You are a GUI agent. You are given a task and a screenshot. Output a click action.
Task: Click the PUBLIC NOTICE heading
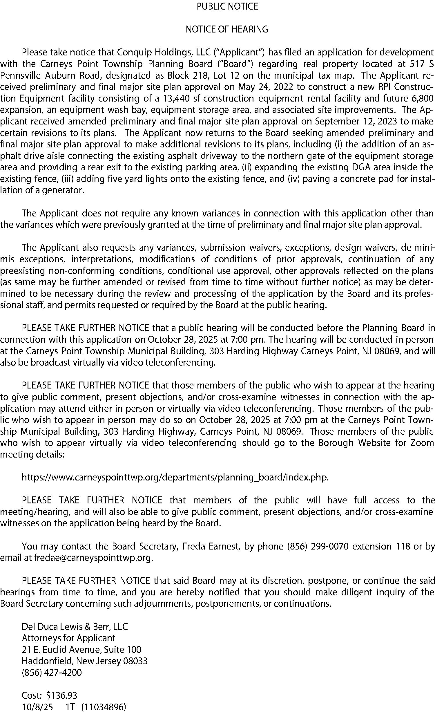tap(227, 6)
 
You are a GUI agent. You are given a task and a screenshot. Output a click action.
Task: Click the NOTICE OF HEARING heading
tap(227, 29)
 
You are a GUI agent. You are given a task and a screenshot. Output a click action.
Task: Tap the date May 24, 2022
tap(263, 87)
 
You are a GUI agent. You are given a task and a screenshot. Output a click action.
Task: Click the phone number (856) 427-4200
tap(52, 673)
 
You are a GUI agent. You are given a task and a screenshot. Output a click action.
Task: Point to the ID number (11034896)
tap(104, 707)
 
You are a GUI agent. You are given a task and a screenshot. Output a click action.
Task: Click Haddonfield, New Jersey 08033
tap(85, 661)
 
